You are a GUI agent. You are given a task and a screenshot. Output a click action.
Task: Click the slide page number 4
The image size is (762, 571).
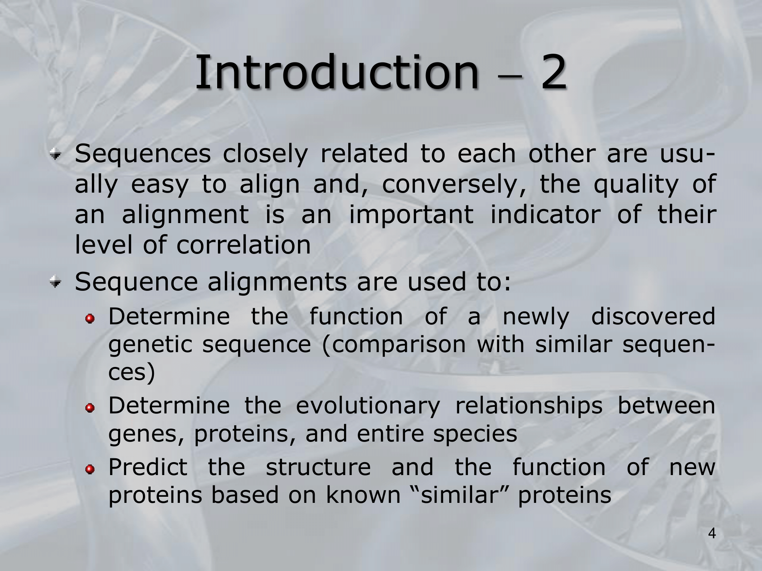712,534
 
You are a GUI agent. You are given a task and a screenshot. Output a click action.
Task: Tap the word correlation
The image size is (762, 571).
243,245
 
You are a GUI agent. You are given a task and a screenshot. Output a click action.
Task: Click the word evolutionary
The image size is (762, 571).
368,407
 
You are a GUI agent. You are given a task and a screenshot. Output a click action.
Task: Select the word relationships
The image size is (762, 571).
529,407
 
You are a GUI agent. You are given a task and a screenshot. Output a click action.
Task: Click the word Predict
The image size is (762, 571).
148,467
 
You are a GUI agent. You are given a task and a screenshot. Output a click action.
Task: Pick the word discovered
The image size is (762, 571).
653,317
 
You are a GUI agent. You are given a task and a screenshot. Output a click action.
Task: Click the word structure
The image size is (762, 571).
318,467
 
